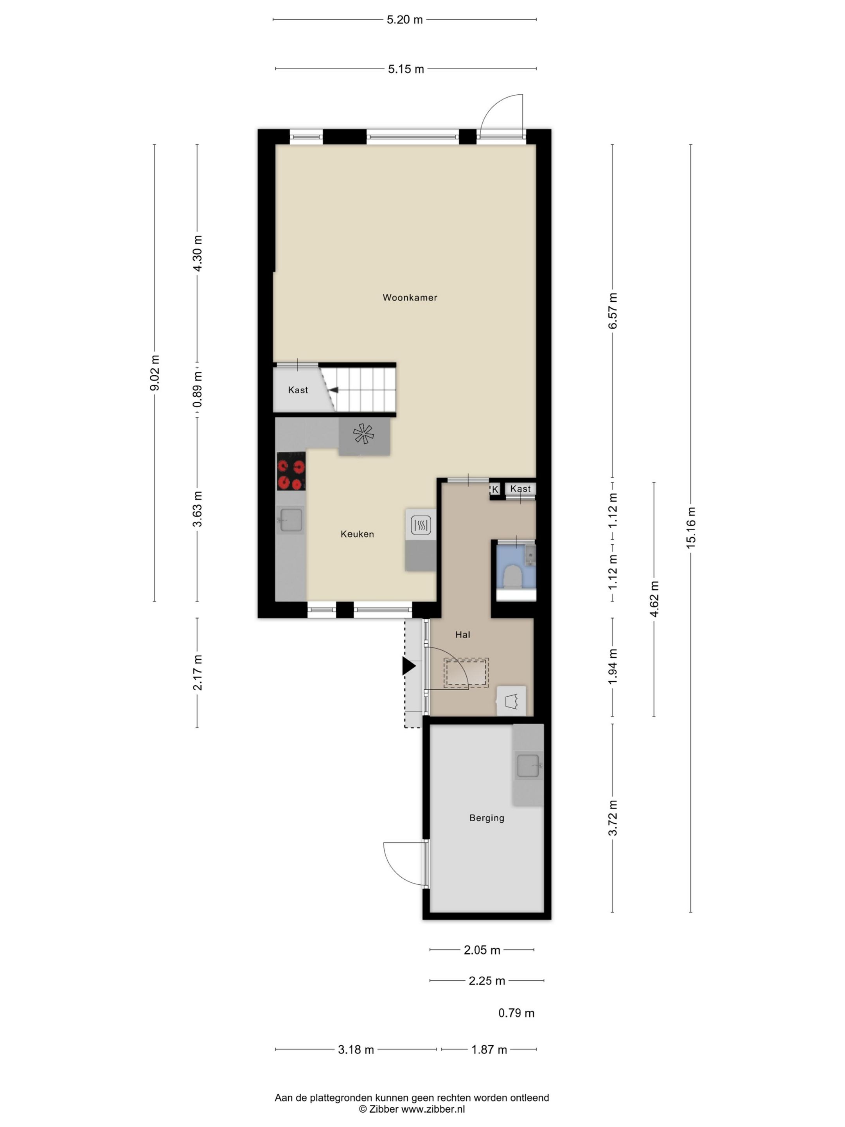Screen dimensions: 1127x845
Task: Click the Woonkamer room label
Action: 410,297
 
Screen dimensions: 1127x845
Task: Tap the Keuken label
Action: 357,534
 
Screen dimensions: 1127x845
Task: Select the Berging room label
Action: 486,818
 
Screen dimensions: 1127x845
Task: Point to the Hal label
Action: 462,634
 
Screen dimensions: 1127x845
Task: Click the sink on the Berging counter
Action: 528,766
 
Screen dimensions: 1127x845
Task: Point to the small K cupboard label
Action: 494,489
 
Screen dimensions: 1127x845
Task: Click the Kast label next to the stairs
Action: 298,390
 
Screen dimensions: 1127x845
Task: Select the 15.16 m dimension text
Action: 690,528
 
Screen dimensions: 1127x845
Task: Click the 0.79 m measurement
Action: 516,1013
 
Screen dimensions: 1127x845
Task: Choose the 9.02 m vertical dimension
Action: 155,373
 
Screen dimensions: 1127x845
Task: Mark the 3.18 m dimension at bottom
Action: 356,1050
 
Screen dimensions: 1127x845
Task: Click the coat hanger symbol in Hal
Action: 511,702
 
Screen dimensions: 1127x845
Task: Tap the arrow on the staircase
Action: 333,390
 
